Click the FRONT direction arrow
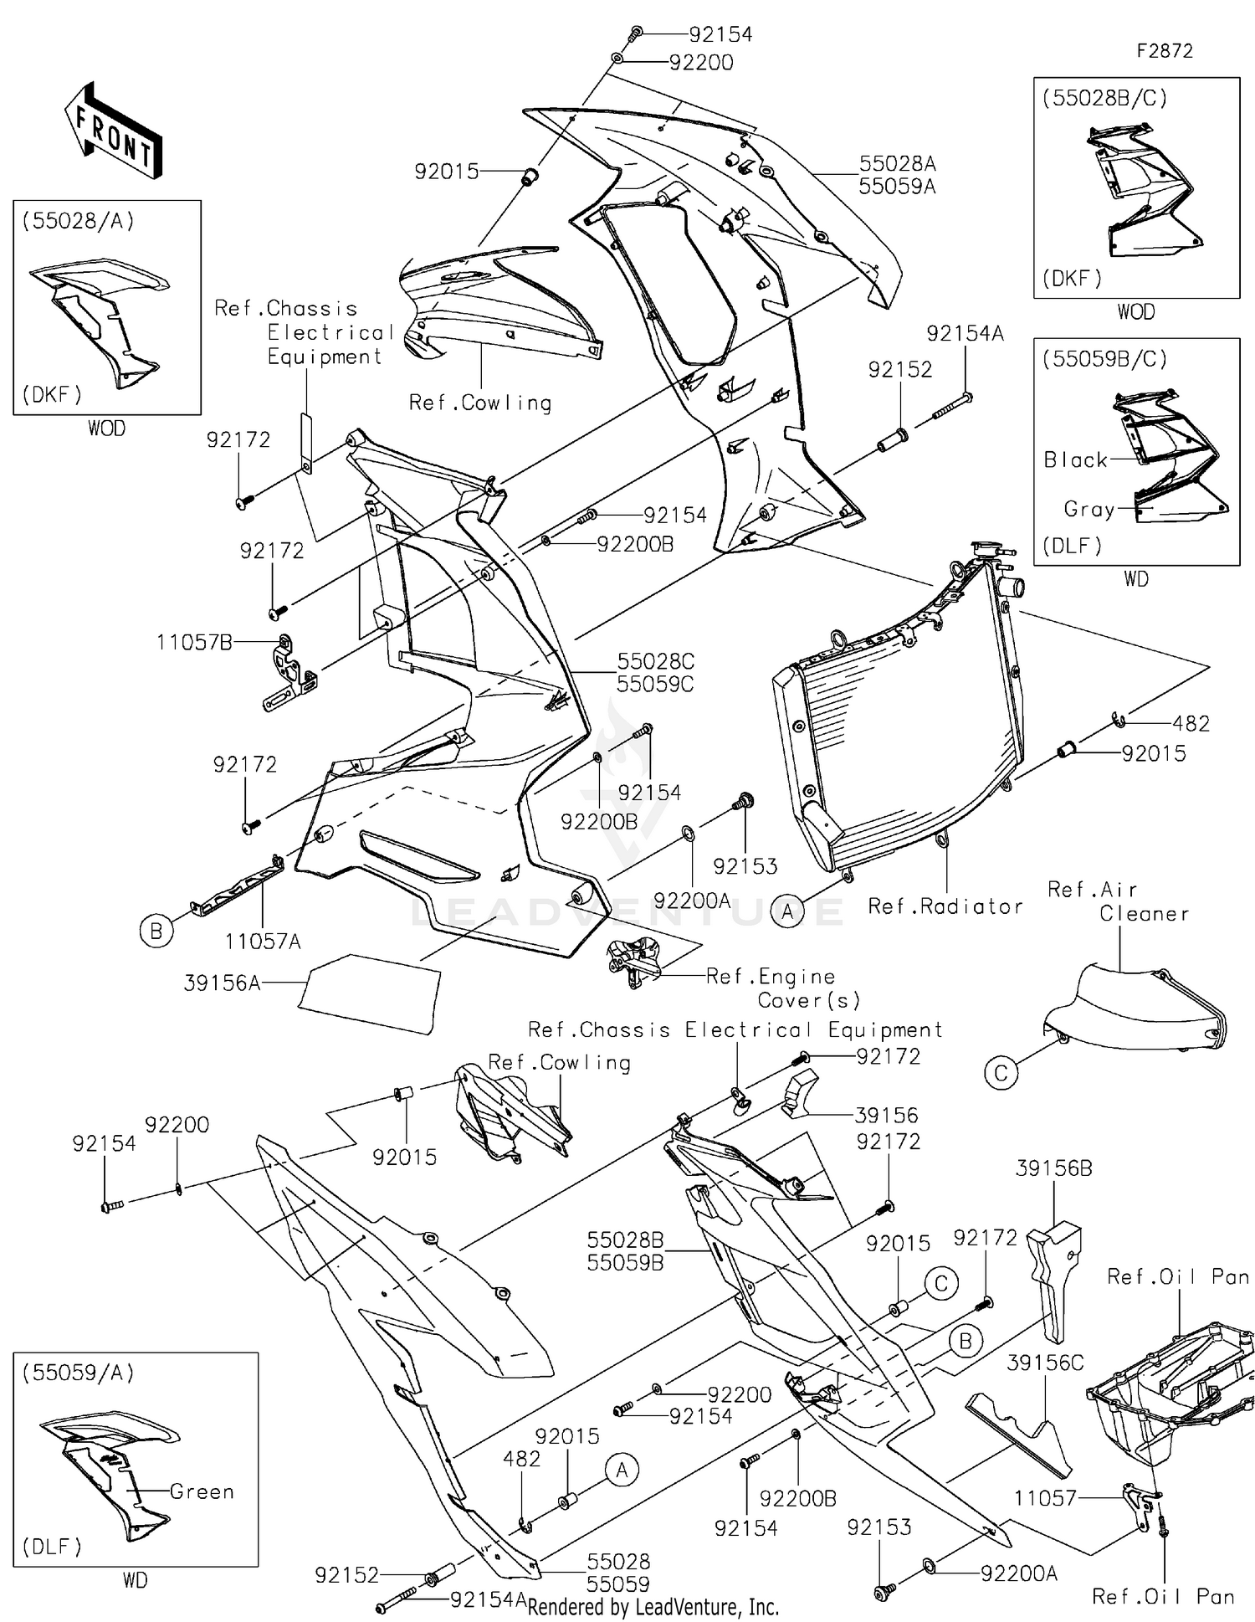pyautogui.click(x=113, y=131)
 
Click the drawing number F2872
pyautogui.click(x=1164, y=51)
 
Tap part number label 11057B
pyautogui.click(x=193, y=643)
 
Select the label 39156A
pyautogui.click(x=222, y=983)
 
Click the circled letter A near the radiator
pyautogui.click(x=787, y=911)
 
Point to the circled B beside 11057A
pyautogui.click(x=156, y=931)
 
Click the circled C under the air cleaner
pyautogui.click(x=1001, y=1073)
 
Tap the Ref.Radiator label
pyautogui.click(x=945, y=906)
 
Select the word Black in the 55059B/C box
pyautogui.click(x=1075, y=460)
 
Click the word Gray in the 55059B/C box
pyautogui.click(x=1089, y=509)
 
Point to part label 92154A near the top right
pyautogui.click(x=965, y=333)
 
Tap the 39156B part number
pyautogui.click(x=1053, y=1168)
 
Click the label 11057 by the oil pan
pyautogui.click(x=1044, y=1498)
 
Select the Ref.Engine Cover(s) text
pyautogui.click(x=782, y=988)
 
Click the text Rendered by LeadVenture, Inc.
pyautogui.click(x=653, y=1607)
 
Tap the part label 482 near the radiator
pyautogui.click(x=1191, y=723)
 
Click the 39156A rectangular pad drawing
pyautogui.click(x=371, y=993)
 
